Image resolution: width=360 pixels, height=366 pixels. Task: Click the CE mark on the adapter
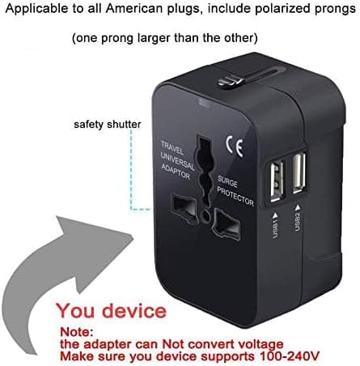click(x=235, y=146)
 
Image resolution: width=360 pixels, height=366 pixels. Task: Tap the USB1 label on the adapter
click(x=275, y=226)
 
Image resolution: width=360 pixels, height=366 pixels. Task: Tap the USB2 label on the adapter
click(x=297, y=218)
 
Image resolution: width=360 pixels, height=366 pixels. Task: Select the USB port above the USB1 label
click(x=276, y=181)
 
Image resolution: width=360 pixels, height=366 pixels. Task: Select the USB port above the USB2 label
click(x=299, y=173)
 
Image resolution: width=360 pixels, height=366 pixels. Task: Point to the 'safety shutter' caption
click(x=108, y=125)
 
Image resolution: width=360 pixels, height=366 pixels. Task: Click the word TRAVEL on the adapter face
click(x=172, y=147)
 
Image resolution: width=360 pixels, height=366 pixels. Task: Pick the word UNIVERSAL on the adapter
click(x=177, y=161)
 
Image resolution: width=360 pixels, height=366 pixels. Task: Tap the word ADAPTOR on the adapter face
click(x=176, y=172)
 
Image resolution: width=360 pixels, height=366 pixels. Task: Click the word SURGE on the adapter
click(x=227, y=181)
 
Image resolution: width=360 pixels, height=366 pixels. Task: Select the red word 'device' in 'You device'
click(x=134, y=311)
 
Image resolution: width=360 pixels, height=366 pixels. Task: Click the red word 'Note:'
click(x=77, y=331)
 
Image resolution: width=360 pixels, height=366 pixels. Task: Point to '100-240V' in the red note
click(x=289, y=356)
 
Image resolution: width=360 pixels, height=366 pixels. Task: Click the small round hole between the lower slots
click(x=205, y=215)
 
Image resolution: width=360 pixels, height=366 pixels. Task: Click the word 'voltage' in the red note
click(x=260, y=345)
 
